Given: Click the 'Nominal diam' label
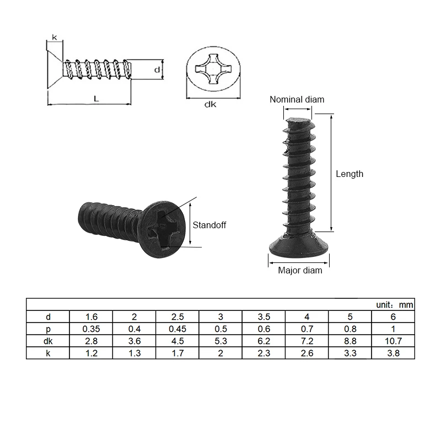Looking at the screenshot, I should click(x=297, y=100).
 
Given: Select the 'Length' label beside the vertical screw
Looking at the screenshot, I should click(x=349, y=174).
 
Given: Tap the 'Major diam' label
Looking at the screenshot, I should click(x=300, y=270).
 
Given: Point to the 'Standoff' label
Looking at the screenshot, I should click(x=209, y=225).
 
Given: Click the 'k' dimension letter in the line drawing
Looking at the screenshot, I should click(x=54, y=37).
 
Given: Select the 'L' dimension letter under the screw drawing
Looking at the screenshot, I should click(x=96, y=99).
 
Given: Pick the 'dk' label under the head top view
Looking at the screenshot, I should click(x=210, y=104).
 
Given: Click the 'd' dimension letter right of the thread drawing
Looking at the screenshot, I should click(x=157, y=70).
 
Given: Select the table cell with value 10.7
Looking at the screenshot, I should click(x=393, y=341).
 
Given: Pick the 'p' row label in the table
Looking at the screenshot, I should click(x=48, y=329).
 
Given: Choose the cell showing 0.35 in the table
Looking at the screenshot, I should click(x=91, y=329).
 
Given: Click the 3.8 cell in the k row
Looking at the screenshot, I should click(x=393, y=353).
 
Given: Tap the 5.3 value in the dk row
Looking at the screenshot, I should click(x=220, y=341).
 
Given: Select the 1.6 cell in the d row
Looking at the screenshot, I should click(x=91, y=317).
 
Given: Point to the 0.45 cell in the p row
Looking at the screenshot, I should click(x=178, y=329).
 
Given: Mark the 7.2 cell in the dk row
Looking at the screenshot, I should click(x=307, y=341).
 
